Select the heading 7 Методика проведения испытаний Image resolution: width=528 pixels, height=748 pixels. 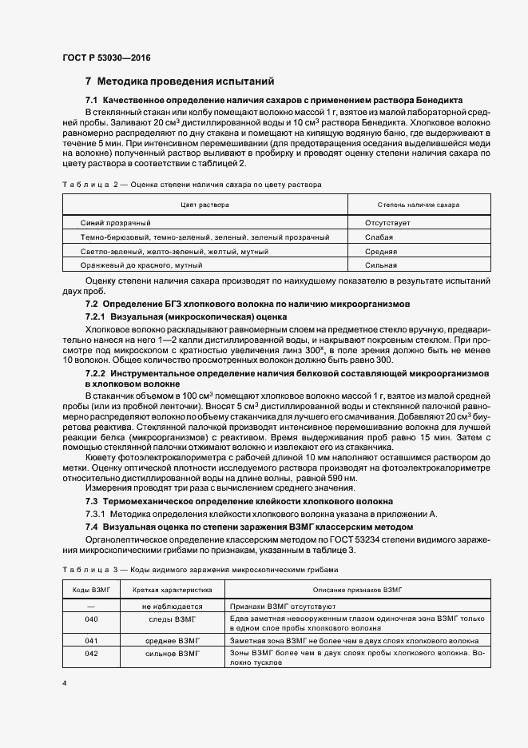click(180, 81)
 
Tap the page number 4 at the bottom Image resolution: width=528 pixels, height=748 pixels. click(64, 683)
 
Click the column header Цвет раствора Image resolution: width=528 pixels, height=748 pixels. click(204, 205)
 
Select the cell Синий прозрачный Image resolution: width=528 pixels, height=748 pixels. click(116, 223)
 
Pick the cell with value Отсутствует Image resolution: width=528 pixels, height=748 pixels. click(387, 223)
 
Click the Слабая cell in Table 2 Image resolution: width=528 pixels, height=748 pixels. click(379, 237)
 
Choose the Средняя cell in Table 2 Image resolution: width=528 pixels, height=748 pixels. click(381, 251)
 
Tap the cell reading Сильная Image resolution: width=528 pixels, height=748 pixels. click(381, 265)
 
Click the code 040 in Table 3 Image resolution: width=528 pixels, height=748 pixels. click(91, 619)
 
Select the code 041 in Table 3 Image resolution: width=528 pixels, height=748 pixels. click(91, 641)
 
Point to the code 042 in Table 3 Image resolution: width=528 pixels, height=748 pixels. click(91, 654)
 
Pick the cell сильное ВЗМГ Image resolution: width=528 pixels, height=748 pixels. click(172, 654)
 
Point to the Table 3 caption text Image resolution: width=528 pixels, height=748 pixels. click(200, 569)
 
